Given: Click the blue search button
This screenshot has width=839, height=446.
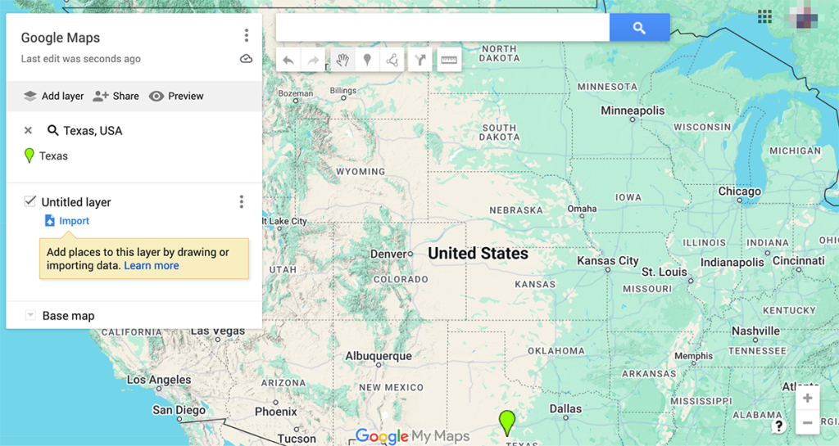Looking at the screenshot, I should tap(639, 28).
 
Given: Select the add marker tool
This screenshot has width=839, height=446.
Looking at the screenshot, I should tap(367, 60).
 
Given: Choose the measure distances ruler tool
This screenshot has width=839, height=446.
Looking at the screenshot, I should tap(449, 60).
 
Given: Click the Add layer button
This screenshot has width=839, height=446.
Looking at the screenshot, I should tap(53, 96).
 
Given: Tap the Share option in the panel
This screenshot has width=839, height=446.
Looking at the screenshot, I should tap(116, 96).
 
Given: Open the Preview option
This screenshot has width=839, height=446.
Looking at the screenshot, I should tap(176, 96).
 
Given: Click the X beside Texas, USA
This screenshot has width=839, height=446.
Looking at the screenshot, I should tap(28, 130).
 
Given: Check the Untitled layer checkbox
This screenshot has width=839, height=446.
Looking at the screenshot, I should tap(30, 201).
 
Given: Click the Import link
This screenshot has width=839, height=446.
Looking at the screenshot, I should tap(74, 221).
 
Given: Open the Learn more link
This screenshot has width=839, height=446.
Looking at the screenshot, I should tap(152, 265).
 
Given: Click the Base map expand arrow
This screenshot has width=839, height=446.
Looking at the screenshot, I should tap(30, 316).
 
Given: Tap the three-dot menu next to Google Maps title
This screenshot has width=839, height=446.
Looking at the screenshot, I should tap(246, 35).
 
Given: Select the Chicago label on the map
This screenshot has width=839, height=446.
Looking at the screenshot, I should tap(739, 191).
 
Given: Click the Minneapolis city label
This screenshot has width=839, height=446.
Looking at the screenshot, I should tap(633, 110).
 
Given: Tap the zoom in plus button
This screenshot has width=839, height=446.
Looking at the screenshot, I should tap(807, 399).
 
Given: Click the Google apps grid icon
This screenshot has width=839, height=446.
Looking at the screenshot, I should tap(764, 16).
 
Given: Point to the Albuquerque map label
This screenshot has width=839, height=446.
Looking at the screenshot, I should tap(378, 356).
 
